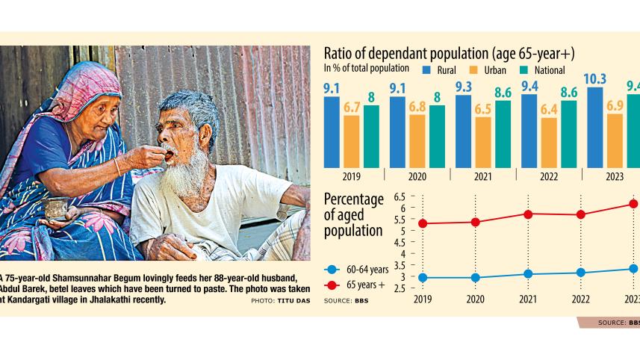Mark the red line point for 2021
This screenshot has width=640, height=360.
point(528,214)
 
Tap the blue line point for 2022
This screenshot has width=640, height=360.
point(580,273)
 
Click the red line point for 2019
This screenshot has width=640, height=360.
point(423,223)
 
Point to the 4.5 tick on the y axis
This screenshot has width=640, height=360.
point(399,243)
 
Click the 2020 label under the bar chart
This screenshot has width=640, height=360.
point(417,176)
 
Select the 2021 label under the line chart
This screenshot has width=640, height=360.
point(528,299)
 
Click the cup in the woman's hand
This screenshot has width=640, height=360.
point(56,208)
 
